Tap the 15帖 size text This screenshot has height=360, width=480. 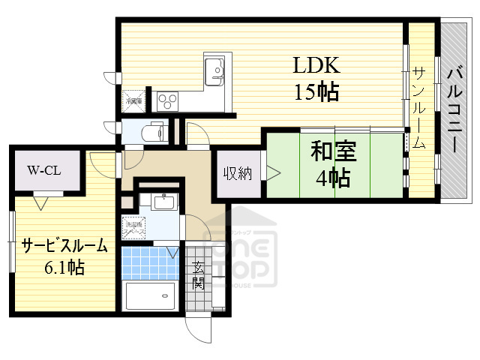[316, 92]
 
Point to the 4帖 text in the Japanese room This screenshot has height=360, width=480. [331, 178]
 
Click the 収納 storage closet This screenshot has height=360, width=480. [237, 174]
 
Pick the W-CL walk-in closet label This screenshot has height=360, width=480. [43, 170]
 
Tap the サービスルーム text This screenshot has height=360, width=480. [64, 246]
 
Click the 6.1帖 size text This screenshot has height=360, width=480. [63, 267]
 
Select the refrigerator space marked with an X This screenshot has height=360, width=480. [135, 97]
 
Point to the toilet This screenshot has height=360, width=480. [154, 132]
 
